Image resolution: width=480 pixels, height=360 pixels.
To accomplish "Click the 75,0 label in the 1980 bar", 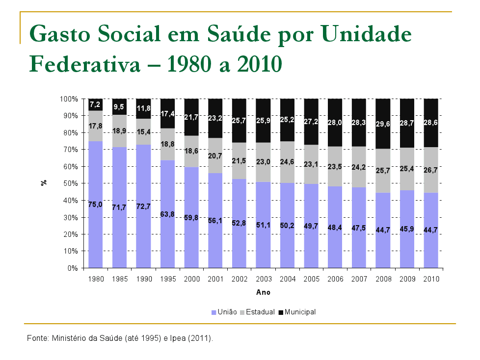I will pyautogui.click(x=95, y=205).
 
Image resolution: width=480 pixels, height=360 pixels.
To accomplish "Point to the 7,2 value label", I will pyautogui.click(x=95, y=104).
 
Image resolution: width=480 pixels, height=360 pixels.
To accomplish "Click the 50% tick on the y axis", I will pyautogui.click(x=71, y=183).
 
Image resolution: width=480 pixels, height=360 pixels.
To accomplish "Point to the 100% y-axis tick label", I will pyautogui.click(x=69, y=99).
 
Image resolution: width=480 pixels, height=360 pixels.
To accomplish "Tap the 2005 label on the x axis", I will pyautogui.click(x=311, y=279).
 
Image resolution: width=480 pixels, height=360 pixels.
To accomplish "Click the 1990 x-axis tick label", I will pyautogui.click(x=143, y=279).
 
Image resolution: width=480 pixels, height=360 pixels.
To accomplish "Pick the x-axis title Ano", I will pyautogui.click(x=263, y=292).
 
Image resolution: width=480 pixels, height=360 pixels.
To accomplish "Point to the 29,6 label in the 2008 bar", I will pyautogui.click(x=383, y=124).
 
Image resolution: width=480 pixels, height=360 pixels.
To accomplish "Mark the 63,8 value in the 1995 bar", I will pyautogui.click(x=167, y=214).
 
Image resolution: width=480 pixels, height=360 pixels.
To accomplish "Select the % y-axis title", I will pyautogui.click(x=44, y=183).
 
